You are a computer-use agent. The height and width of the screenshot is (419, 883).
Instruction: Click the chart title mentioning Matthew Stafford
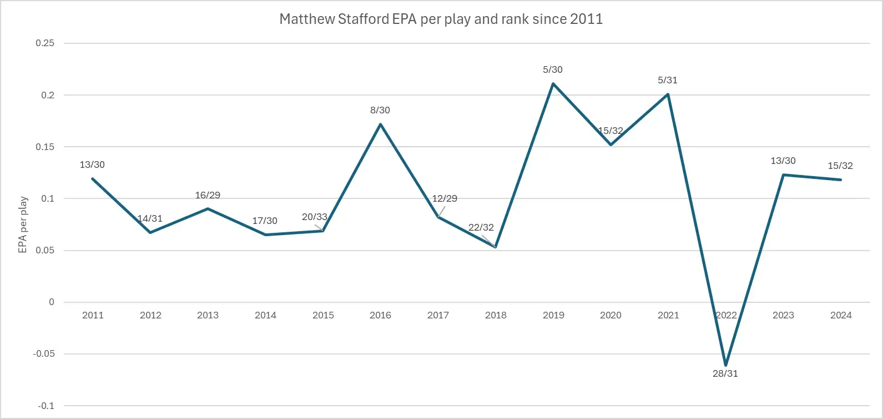pos(441,19)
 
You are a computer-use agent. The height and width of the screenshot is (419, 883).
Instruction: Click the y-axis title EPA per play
pos(23,225)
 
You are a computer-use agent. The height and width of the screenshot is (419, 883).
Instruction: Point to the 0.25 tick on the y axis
pos(45,43)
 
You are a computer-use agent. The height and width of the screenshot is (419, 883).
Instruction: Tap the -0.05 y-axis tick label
pos(44,354)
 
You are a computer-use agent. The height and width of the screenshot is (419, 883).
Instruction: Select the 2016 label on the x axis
pos(380,315)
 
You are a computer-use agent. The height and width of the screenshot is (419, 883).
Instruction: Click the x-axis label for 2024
pos(840,315)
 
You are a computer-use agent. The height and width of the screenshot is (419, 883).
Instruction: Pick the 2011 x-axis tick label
pos(93,315)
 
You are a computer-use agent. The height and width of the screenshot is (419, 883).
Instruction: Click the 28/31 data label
pos(725,373)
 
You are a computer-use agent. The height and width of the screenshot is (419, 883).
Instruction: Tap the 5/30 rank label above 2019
pos(552,69)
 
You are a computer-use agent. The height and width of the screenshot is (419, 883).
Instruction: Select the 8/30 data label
pos(380,110)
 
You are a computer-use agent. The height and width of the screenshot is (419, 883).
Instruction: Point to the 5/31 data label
pos(667,80)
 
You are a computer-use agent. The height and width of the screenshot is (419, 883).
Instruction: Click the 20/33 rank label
pos(314,217)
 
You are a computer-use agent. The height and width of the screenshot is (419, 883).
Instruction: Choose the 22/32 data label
pos(481,227)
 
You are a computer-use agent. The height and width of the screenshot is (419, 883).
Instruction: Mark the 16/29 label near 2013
pos(208,195)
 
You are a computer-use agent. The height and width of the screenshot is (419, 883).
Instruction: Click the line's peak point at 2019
pos(553,83)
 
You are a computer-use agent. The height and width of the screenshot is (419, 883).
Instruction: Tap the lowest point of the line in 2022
pos(725,365)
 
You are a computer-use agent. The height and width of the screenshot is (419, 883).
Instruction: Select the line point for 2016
pos(380,124)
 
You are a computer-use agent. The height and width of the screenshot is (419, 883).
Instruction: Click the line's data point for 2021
pos(668,94)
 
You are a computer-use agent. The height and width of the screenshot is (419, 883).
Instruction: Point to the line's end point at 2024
pos(840,179)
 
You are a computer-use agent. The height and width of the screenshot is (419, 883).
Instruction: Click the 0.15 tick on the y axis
pos(45,147)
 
